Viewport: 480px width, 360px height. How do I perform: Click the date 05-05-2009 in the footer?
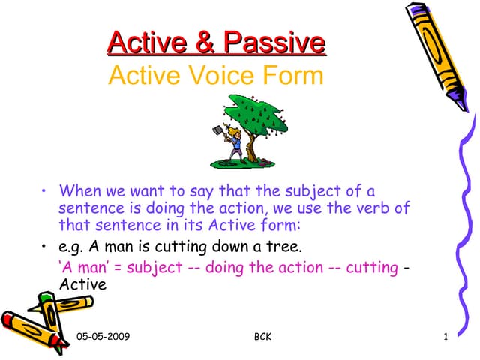pyautogui.click(x=103, y=337)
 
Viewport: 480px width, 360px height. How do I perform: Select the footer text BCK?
pyautogui.click(x=262, y=337)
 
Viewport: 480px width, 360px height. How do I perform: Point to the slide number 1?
pyautogui.click(x=445, y=337)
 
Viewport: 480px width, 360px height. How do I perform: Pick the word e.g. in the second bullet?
pyautogui.click(x=71, y=247)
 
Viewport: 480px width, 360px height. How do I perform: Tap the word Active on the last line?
pyautogui.click(x=82, y=285)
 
